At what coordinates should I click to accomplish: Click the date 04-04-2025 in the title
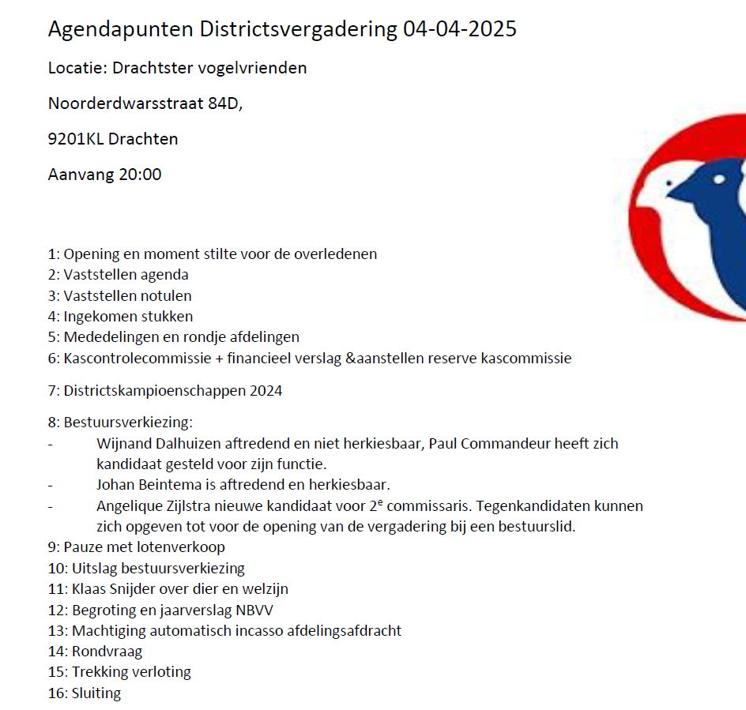click(459, 29)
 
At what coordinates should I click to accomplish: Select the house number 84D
click(225, 103)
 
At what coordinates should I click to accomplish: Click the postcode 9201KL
click(75, 139)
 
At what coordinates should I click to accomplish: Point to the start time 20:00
click(139, 175)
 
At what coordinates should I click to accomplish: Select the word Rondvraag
click(107, 652)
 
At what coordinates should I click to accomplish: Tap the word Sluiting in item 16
click(96, 693)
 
